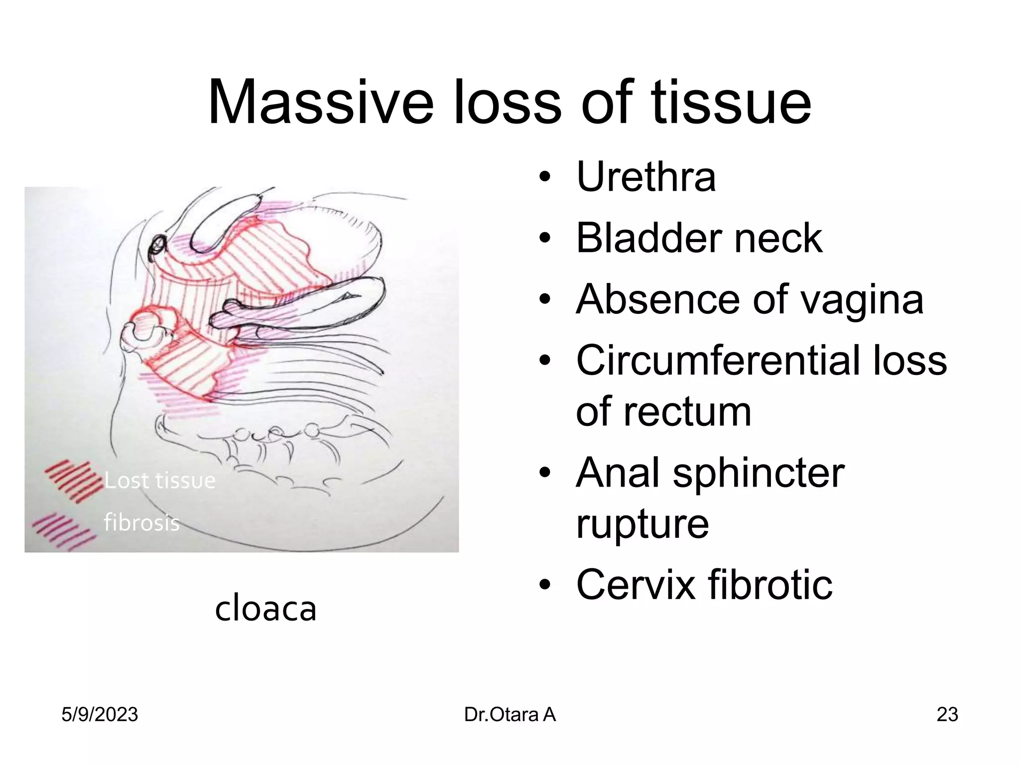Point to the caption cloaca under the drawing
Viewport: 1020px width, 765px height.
coord(265,609)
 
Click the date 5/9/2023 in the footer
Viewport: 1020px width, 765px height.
coord(100,715)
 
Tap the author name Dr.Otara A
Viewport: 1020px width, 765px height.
coord(510,715)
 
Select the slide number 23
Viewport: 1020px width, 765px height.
coord(947,715)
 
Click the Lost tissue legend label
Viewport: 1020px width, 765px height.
coord(160,481)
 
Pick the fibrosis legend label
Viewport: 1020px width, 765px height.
coord(141,522)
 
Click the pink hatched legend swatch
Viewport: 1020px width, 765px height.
coord(64,531)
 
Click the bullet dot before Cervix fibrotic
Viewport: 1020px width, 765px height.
coord(545,586)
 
